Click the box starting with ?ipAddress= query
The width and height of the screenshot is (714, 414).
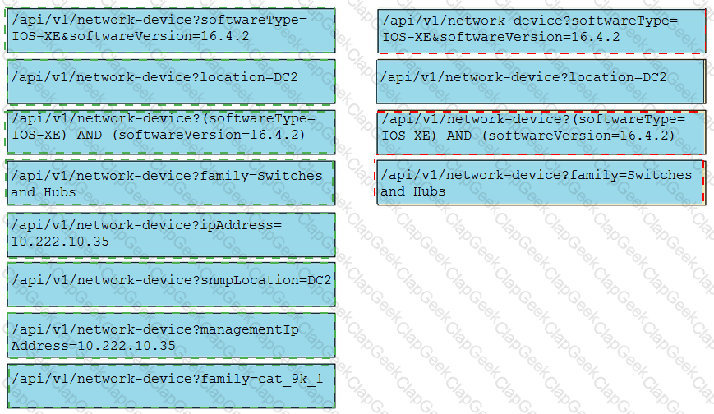click(171, 235)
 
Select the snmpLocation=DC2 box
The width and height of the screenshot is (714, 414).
click(171, 285)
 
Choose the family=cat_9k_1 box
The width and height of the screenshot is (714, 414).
click(171, 386)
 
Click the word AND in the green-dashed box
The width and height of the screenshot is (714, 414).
click(90, 135)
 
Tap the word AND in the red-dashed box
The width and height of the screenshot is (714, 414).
click(459, 136)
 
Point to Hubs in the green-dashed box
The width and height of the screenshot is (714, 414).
click(60, 192)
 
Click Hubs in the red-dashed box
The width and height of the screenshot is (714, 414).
click(430, 191)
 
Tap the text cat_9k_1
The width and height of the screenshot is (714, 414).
click(291, 379)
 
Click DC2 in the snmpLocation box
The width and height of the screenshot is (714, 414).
click(320, 279)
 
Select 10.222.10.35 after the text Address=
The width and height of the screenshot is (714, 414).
click(127, 346)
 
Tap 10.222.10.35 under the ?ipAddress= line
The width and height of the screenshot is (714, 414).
click(60, 241)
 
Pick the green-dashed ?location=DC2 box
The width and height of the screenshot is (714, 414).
click(171, 81)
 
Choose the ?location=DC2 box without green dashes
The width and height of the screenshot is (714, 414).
click(541, 81)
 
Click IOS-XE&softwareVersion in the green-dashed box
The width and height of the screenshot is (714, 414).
click(102, 36)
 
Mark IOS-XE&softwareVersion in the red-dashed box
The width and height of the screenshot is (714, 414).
click(472, 37)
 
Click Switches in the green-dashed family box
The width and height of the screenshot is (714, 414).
click(290, 176)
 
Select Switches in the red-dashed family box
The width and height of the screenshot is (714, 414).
click(660, 175)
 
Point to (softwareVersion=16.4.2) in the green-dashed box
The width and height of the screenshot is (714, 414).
click(209, 135)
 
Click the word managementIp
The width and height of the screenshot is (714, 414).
click(250, 329)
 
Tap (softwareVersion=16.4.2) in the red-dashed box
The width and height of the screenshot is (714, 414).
click(578, 136)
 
